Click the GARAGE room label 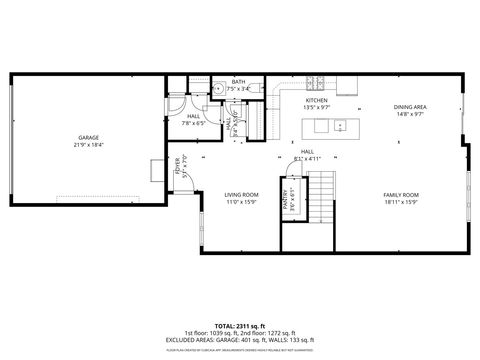point(88,137)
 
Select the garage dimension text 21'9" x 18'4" point(88,145)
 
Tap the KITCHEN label point(316,101)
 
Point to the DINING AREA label point(410,106)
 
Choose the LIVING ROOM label point(241,194)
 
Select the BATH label point(238,82)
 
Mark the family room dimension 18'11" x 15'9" point(401,202)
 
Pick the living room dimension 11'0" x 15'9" point(241,202)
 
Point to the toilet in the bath point(217,87)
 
